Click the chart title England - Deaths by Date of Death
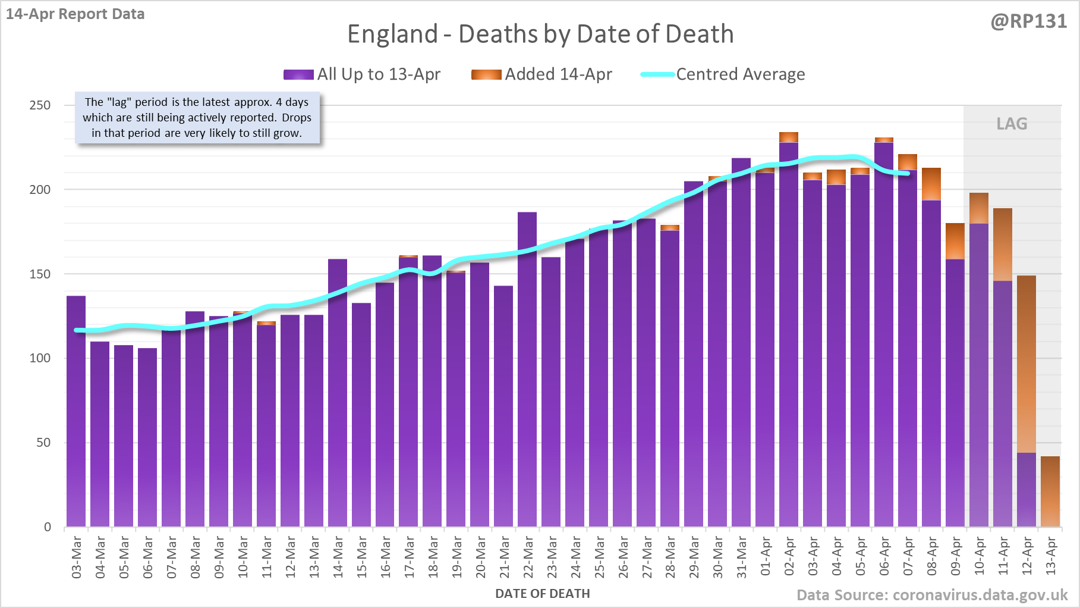pyautogui.click(x=540, y=34)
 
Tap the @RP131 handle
pyautogui.click(x=1028, y=21)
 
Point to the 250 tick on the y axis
pyautogui.click(x=40, y=105)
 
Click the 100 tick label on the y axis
pyautogui.click(x=40, y=358)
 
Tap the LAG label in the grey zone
pyautogui.click(x=1012, y=124)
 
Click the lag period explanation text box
pyautogui.click(x=197, y=118)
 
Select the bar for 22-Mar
pyautogui.click(x=527, y=369)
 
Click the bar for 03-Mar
pyautogui.click(x=76, y=410)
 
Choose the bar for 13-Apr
pyautogui.click(x=1050, y=491)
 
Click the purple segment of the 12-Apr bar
pyautogui.click(x=1027, y=490)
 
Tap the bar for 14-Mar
pyautogui.click(x=338, y=393)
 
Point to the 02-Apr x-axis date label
pyautogui.click(x=789, y=556)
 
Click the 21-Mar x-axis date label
pyautogui.click(x=504, y=556)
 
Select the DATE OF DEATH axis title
pyautogui.click(x=542, y=594)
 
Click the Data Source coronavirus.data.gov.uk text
pyautogui.click(x=931, y=596)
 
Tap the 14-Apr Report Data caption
pyautogui.click(x=75, y=14)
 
